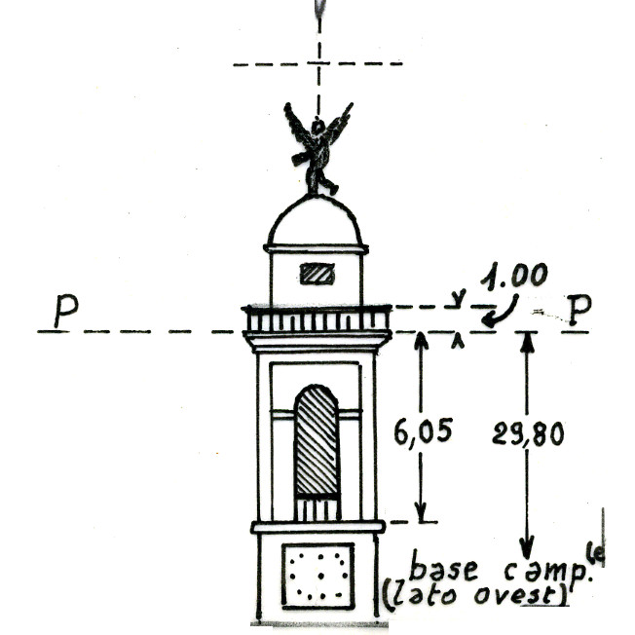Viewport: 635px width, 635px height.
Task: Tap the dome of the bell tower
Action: coord(316,222)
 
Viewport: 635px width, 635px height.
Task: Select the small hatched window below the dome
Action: coord(317,274)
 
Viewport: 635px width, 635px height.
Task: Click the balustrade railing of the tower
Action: coord(317,319)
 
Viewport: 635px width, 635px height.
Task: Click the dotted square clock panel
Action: coord(317,575)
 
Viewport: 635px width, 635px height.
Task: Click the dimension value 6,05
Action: coord(422,430)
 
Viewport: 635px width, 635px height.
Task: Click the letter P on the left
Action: coord(65,311)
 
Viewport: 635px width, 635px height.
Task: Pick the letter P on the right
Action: coord(580,310)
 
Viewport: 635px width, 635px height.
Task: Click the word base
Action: coord(441,566)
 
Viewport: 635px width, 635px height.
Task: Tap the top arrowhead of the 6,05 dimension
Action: coord(421,340)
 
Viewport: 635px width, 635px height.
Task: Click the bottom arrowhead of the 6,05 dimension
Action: coord(421,514)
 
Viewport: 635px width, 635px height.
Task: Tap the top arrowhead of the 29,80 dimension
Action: coord(527,340)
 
